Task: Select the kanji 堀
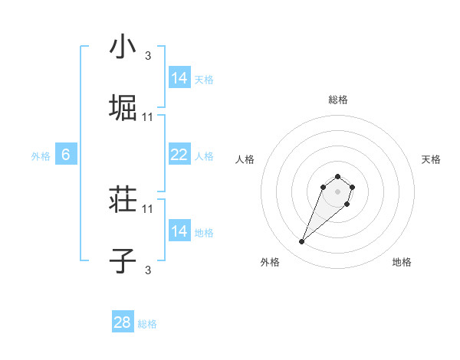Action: pyautogui.click(x=123, y=107)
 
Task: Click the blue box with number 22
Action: pyautogui.click(x=179, y=155)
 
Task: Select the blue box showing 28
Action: pyautogui.click(x=123, y=322)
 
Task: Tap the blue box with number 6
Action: pyautogui.click(x=66, y=155)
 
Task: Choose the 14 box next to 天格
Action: pyautogui.click(x=179, y=78)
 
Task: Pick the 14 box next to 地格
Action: pyautogui.click(x=179, y=231)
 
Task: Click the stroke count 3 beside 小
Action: pyautogui.click(x=148, y=56)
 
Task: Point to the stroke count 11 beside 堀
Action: pyautogui.click(x=148, y=116)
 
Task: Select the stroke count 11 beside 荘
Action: pyautogui.click(x=148, y=208)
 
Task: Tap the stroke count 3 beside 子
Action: pyautogui.click(x=148, y=270)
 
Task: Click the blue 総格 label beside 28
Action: pyautogui.click(x=147, y=324)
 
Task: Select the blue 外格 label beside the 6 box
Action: pyautogui.click(x=41, y=155)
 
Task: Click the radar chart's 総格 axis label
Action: pyautogui.click(x=338, y=100)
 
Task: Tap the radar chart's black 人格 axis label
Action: pyautogui.click(x=245, y=159)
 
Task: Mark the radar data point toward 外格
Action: pyautogui.click(x=302, y=242)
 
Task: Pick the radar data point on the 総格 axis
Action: pyautogui.click(x=338, y=173)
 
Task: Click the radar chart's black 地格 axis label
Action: pyautogui.click(x=402, y=262)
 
